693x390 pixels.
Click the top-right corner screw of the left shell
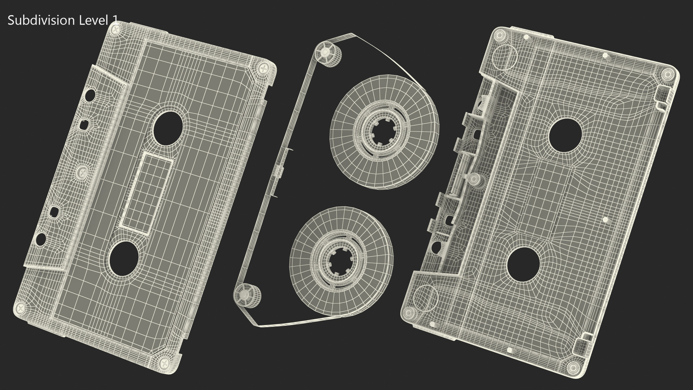(265, 68)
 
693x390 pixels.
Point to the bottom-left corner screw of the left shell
(21, 308)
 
